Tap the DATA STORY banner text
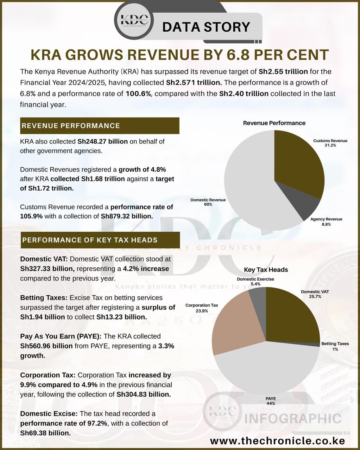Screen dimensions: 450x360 coord(206,27)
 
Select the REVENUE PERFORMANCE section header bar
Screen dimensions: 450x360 coord(100,126)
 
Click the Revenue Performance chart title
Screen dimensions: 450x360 coord(274,123)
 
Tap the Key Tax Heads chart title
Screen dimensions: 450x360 coord(266,270)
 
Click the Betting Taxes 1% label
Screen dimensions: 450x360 coord(335,346)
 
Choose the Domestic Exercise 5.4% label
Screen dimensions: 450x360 coord(255,281)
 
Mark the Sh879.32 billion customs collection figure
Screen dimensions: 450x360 coord(127,216)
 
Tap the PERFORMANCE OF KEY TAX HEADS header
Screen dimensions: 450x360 coord(100,240)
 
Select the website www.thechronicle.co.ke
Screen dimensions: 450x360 coord(277,441)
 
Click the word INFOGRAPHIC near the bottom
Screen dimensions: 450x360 coord(292,419)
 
